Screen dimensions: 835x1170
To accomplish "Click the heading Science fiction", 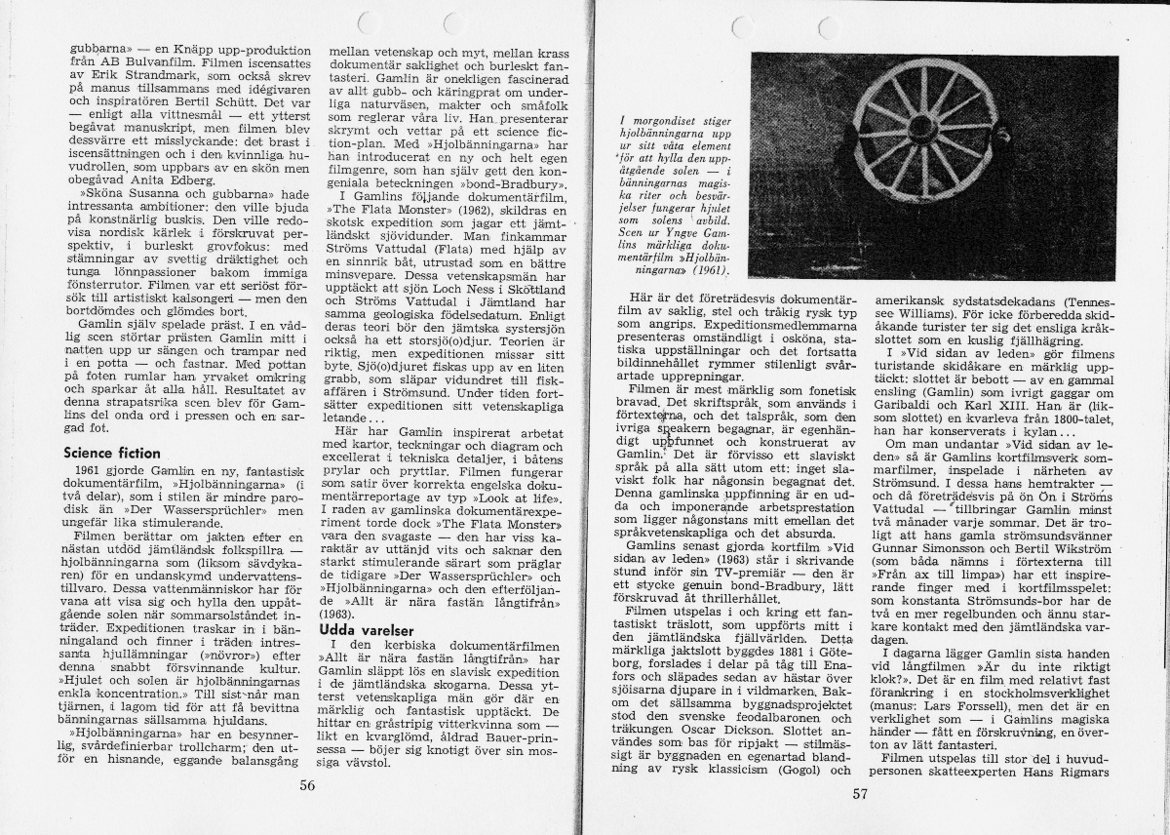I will pyautogui.click(x=111, y=454).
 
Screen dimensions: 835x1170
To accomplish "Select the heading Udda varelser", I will pyautogui.click(x=367, y=630).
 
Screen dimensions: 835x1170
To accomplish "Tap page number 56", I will pyautogui.click(x=307, y=784).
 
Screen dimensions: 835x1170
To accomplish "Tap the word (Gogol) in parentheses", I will pyautogui.click(x=805, y=771).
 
